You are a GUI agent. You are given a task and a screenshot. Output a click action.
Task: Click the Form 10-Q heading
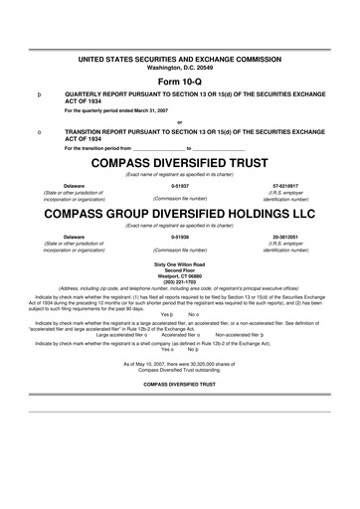pos(179,80)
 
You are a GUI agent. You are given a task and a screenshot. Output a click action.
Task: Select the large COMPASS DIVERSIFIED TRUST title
pos(179,162)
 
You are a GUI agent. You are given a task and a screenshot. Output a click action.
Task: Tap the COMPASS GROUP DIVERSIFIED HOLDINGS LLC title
pos(179,213)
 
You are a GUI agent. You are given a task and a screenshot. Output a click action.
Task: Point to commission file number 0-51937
pos(180,186)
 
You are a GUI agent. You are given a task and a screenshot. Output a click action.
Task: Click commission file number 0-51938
pos(180,237)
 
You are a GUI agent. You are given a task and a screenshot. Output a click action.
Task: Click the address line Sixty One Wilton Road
pos(179,263)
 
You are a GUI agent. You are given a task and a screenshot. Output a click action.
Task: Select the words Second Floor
pos(179,270)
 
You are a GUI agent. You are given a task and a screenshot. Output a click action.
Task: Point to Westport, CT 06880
pos(179,277)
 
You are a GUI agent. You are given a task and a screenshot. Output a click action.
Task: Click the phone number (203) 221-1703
pos(179,284)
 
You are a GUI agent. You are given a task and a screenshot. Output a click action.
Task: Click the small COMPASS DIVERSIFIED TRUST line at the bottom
pos(179,384)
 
